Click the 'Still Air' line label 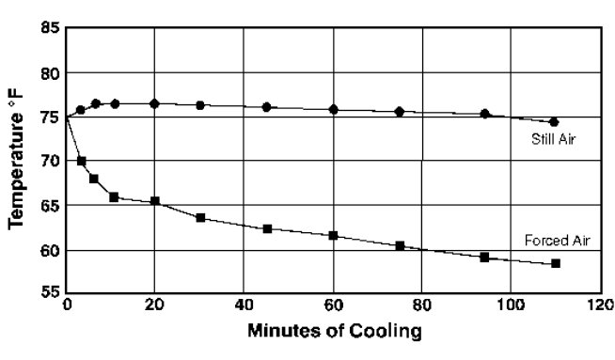553,140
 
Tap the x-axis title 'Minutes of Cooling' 335,332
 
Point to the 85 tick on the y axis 50,29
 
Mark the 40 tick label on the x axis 244,305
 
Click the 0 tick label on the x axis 67,305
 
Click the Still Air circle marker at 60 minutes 333,110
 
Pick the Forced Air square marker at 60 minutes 333,235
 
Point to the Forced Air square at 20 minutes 155,201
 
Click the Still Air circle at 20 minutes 155,103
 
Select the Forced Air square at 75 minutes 400,245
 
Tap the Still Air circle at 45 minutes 267,107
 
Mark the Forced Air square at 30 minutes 200,217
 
